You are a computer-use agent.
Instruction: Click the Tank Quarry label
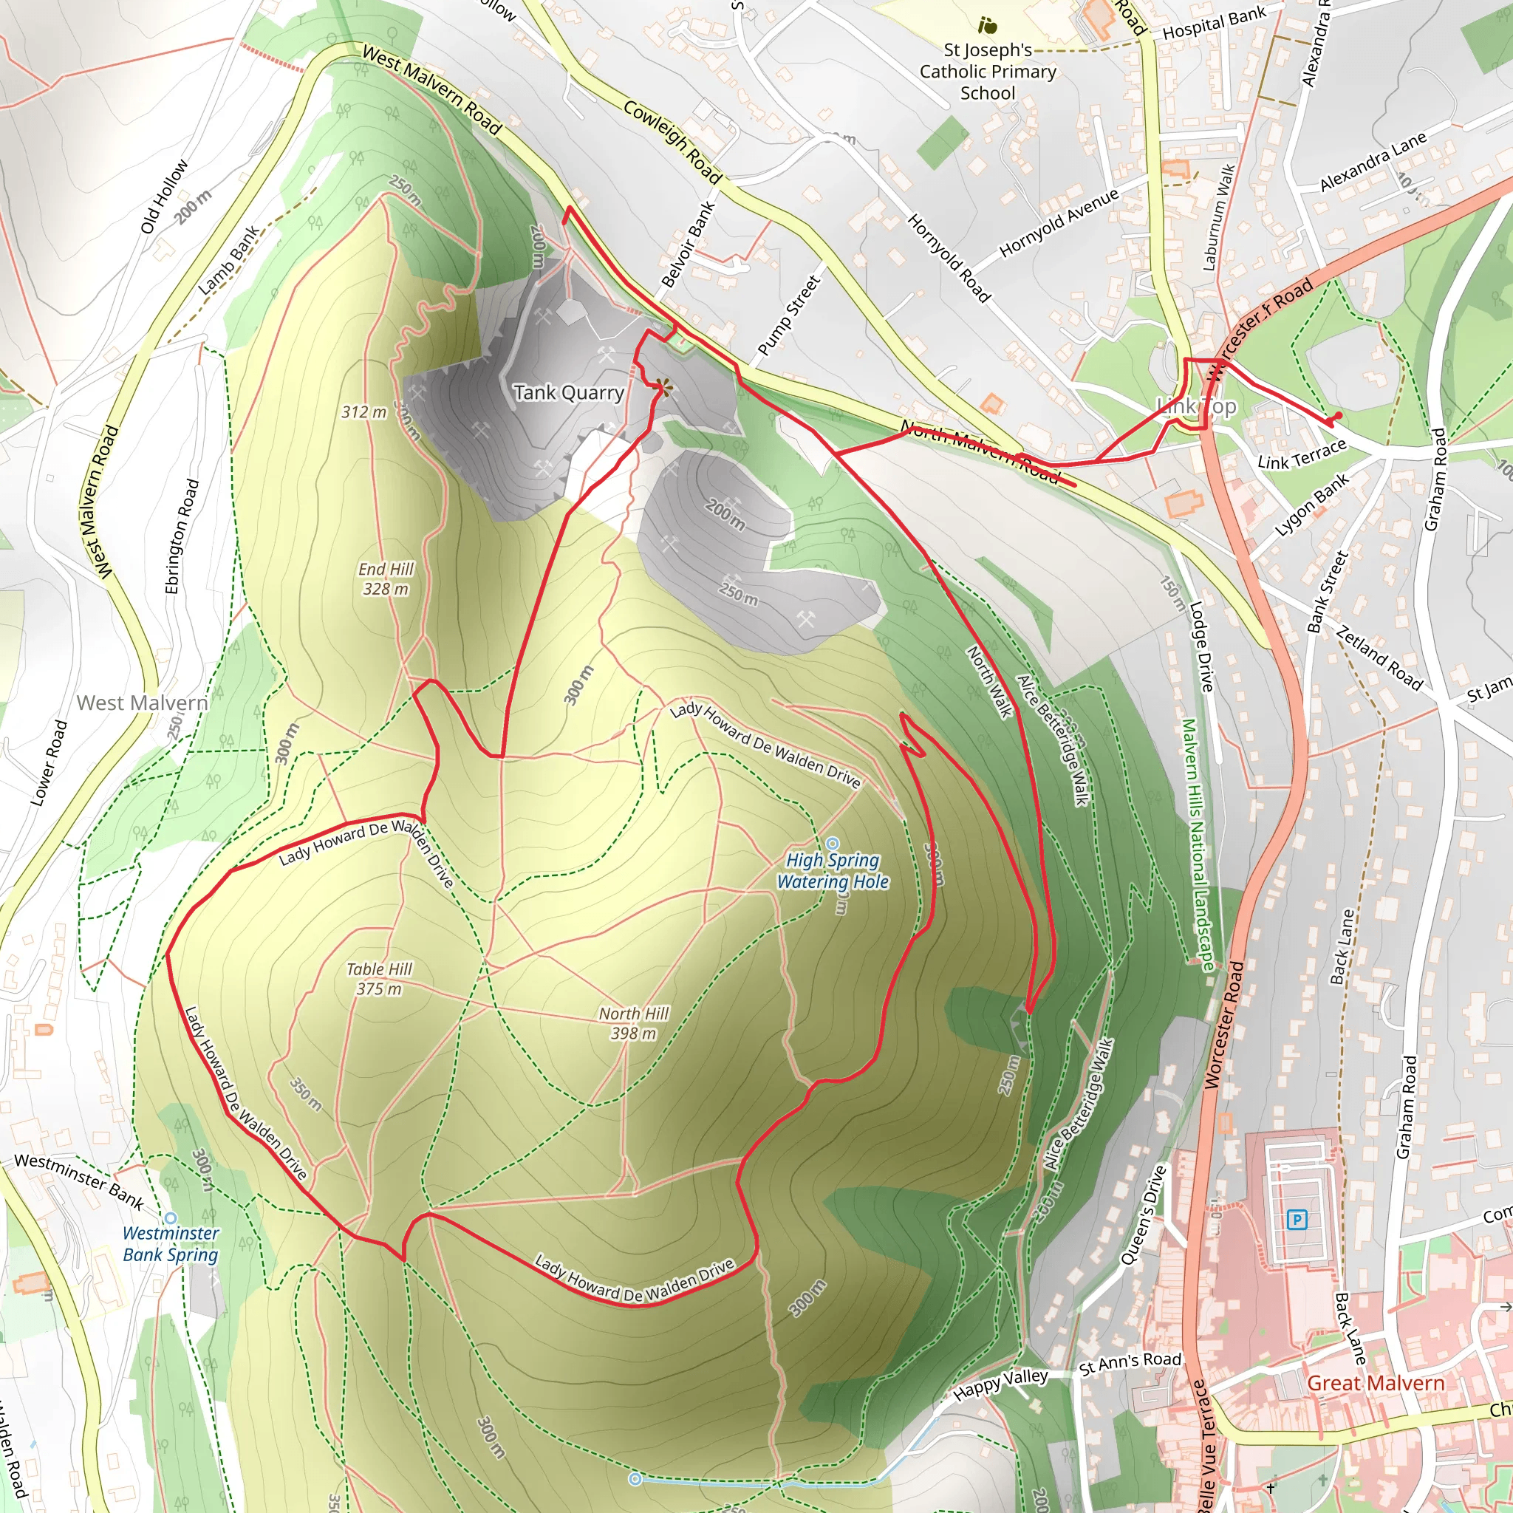pyautogui.click(x=569, y=392)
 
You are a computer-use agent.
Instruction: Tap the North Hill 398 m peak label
pyautogui.click(x=633, y=1022)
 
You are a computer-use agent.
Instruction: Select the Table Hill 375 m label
pyautogui.click(x=379, y=978)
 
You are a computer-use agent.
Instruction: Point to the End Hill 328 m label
pyautogui.click(x=386, y=578)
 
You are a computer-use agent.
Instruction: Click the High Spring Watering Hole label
pyautogui.click(x=833, y=870)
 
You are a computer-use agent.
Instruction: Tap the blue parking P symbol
pyautogui.click(x=1297, y=1218)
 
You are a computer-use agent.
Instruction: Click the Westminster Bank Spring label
pyautogui.click(x=171, y=1243)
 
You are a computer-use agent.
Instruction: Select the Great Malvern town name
pyautogui.click(x=1375, y=1383)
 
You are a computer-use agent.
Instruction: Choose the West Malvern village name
pyautogui.click(x=142, y=703)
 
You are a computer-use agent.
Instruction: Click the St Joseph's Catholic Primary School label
pyautogui.click(x=988, y=71)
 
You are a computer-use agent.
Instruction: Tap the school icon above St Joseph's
pyautogui.click(x=988, y=25)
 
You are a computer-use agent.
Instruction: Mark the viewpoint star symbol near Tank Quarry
pyautogui.click(x=663, y=386)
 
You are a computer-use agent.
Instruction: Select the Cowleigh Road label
pyautogui.click(x=672, y=142)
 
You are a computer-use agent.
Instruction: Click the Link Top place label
pyautogui.click(x=1196, y=406)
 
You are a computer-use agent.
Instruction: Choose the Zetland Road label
pyautogui.click(x=1379, y=658)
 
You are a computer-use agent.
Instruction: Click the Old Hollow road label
pyautogui.click(x=165, y=197)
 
